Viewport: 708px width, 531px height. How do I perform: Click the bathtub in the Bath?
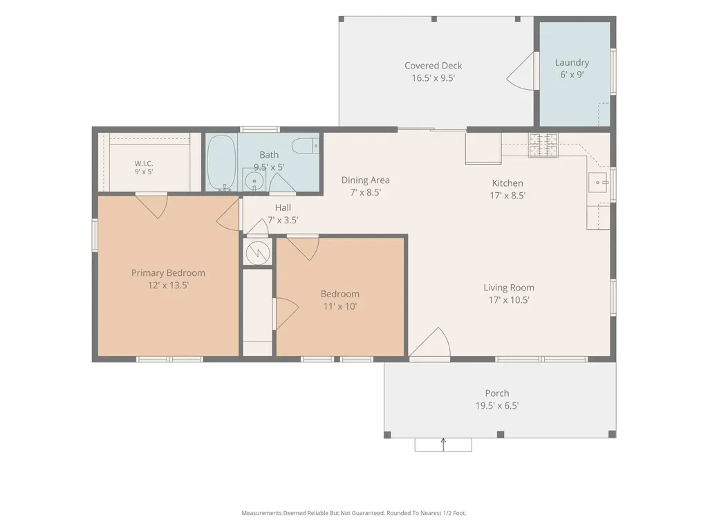pos(221,162)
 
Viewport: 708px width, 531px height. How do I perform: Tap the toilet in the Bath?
pos(305,147)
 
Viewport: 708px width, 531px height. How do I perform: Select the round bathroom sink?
pos(254,181)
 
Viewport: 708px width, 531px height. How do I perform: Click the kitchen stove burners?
pos(543,145)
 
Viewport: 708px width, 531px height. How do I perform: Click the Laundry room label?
pos(572,63)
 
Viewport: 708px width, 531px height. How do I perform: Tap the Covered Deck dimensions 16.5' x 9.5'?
pos(433,78)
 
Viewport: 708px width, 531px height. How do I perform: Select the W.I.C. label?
pos(144,163)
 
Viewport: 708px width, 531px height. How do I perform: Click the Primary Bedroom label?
pos(168,272)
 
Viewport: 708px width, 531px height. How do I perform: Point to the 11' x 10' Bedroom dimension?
pos(340,306)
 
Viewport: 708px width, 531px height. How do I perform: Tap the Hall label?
pos(283,207)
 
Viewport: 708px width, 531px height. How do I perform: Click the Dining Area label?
pos(365,180)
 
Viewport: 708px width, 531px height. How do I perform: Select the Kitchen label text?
pos(507,183)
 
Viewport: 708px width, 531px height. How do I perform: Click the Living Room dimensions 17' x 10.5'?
pos(509,300)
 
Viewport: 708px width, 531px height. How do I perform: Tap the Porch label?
pos(496,393)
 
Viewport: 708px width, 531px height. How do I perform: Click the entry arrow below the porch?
pos(443,445)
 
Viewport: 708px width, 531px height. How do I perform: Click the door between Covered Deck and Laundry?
pos(521,71)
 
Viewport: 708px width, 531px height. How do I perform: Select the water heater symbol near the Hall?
pos(257,252)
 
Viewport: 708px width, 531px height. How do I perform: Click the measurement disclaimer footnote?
pos(353,513)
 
